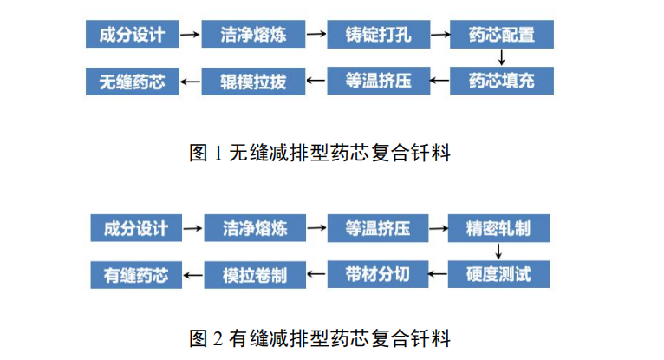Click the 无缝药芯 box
coord(132,82)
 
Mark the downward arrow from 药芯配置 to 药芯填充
coord(501,59)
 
